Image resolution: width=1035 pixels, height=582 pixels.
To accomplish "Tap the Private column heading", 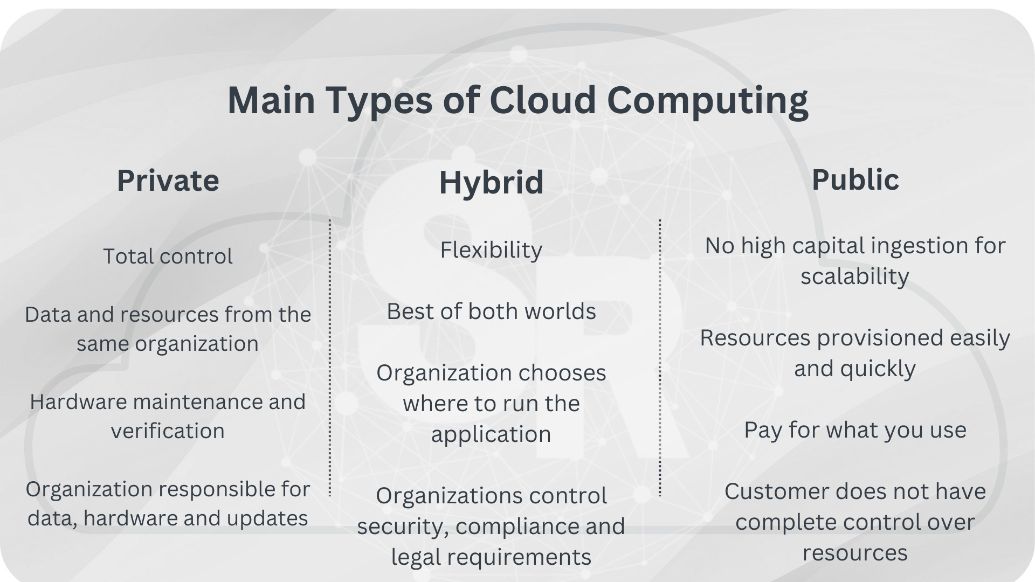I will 168,180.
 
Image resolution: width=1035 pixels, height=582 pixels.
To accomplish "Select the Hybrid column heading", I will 491,182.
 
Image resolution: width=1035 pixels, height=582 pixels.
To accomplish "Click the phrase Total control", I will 168,256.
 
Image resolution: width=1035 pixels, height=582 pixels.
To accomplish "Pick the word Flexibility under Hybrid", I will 491,250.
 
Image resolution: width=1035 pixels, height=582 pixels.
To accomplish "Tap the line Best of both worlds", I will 491,311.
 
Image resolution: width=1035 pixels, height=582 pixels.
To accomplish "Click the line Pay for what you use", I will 855,430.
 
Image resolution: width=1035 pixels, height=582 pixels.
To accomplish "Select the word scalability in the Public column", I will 855,276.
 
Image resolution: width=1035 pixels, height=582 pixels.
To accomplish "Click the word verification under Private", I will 168,431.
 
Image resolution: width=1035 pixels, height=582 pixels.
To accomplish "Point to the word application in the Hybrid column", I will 491,434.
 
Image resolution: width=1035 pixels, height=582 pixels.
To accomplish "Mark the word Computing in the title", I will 707,100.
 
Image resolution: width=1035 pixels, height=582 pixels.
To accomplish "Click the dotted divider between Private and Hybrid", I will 330,356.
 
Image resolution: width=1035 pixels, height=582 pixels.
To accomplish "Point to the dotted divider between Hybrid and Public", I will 660,356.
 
